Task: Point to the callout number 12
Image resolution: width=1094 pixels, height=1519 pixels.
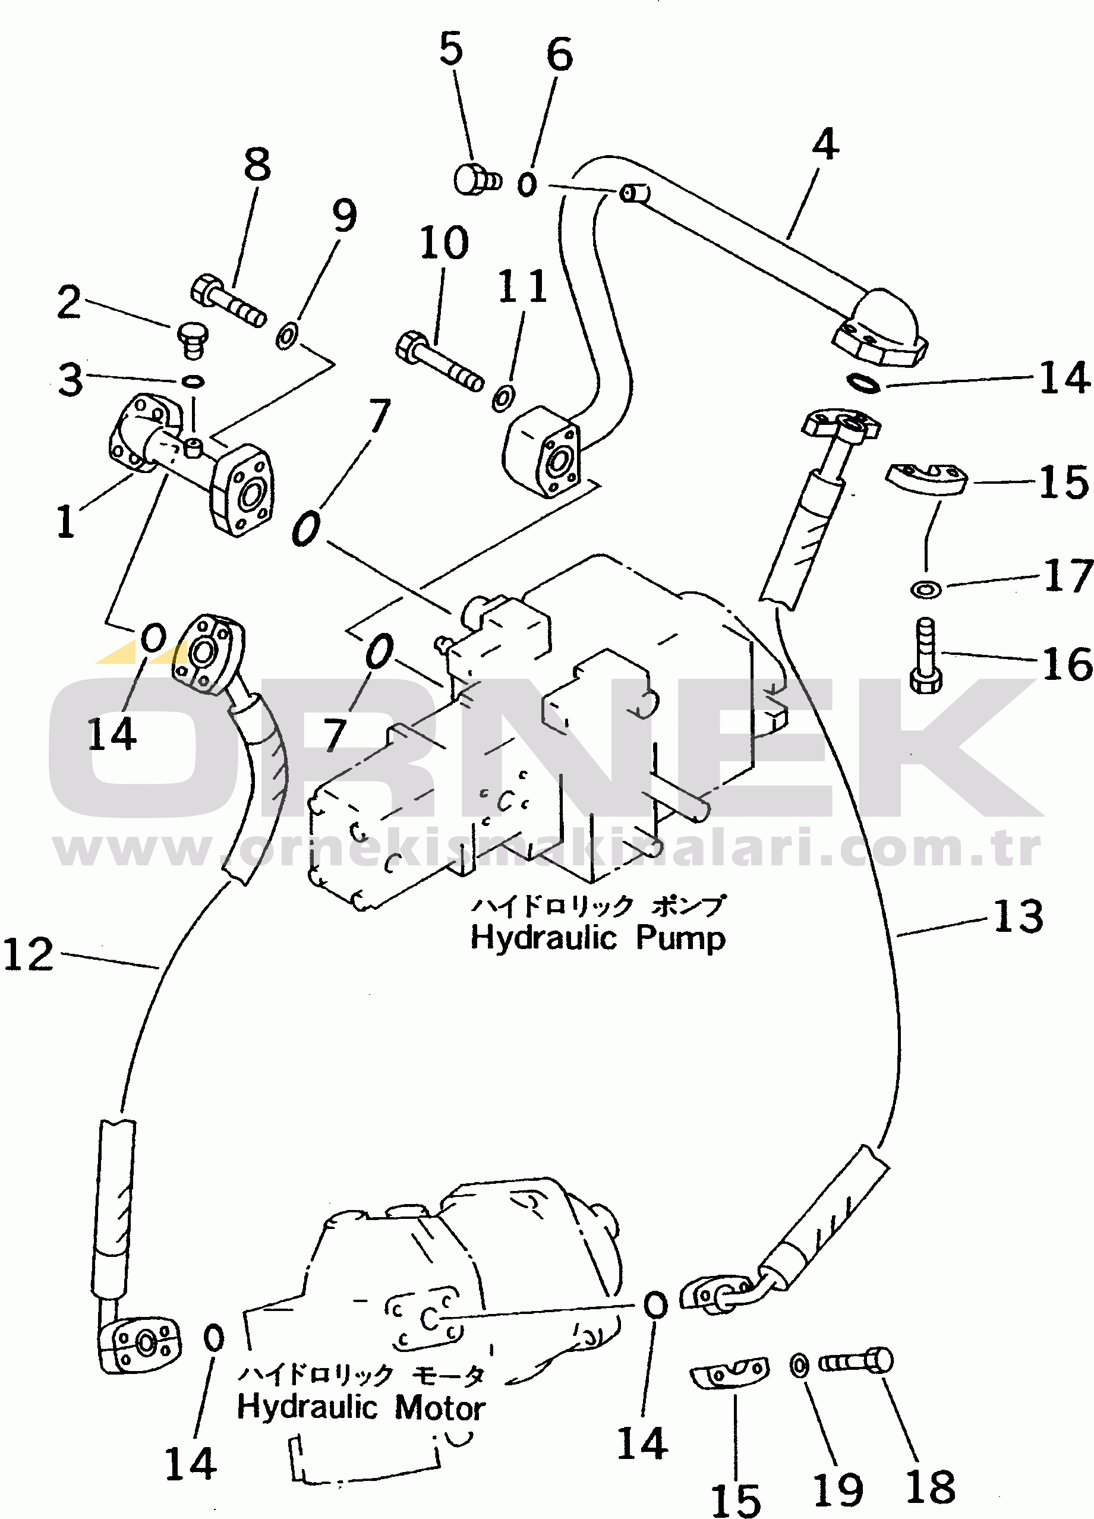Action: pos(28,954)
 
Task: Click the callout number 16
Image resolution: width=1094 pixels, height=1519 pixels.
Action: pos(1067,664)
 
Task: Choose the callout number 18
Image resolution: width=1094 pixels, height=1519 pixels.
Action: pos(930,1488)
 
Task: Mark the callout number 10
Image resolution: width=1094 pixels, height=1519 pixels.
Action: pos(444,242)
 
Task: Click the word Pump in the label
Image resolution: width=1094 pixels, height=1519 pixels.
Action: pos(680,938)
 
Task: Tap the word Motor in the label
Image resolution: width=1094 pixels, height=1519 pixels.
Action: pos(440,1407)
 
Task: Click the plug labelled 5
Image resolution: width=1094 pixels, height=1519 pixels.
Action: pos(477,179)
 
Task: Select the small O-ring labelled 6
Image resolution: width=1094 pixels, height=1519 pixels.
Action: pos(527,184)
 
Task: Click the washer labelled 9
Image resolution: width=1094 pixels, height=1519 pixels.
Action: pos(288,336)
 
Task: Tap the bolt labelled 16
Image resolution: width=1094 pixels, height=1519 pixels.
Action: pos(926,656)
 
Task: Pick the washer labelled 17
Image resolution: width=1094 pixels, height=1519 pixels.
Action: pos(926,590)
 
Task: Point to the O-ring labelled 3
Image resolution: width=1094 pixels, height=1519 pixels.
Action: pos(193,381)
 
